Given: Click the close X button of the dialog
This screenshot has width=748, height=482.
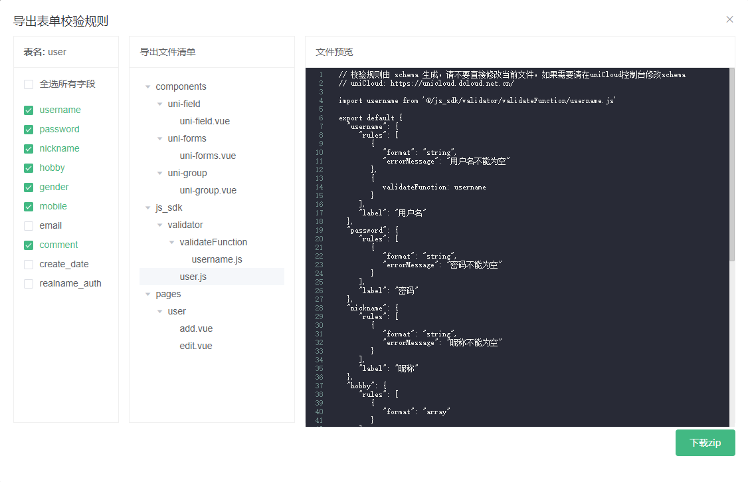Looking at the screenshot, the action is pos(729,19).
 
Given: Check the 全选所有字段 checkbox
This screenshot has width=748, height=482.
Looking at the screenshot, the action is pos(29,84).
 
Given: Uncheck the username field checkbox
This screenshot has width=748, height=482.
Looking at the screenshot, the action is pos(29,110).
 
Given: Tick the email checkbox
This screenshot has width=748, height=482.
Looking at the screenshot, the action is pos(29,226).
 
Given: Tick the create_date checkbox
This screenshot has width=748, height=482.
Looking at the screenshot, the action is pos(29,265).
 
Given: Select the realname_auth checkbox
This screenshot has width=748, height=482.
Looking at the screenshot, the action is pos(29,284).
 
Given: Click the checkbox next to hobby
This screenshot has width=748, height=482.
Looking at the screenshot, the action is pos(29,168).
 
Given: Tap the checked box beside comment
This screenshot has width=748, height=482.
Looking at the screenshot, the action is pos(29,245).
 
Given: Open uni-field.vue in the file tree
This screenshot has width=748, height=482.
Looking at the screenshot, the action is pos(205,121).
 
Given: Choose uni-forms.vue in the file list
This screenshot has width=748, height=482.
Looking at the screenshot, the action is pos(207,156).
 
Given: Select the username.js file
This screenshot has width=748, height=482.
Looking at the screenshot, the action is pos(217,259).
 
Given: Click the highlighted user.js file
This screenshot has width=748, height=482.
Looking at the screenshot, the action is pos(193,277).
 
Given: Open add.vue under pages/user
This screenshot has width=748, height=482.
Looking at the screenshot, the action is pos(196,329).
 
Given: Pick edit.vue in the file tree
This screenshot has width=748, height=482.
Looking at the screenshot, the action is pos(195,346).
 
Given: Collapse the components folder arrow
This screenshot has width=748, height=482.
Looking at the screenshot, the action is pos(148,87).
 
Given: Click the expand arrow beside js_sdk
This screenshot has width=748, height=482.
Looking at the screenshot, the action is pos(148,207).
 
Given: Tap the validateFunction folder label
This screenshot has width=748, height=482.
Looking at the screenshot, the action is pos(213,243).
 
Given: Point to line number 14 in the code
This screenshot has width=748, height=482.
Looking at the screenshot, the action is pos(319,187).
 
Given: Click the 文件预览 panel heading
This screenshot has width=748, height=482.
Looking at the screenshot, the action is pos(334,52).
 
